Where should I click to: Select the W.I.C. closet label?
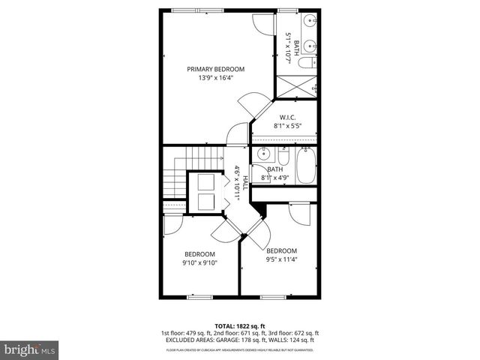point(287,118)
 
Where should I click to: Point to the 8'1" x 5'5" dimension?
point(287,126)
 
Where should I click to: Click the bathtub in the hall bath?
point(307,166)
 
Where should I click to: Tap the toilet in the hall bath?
point(284,157)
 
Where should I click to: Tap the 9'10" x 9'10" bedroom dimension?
point(200,263)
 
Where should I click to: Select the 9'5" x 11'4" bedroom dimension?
point(281,259)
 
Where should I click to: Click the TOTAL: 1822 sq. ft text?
point(239,324)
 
